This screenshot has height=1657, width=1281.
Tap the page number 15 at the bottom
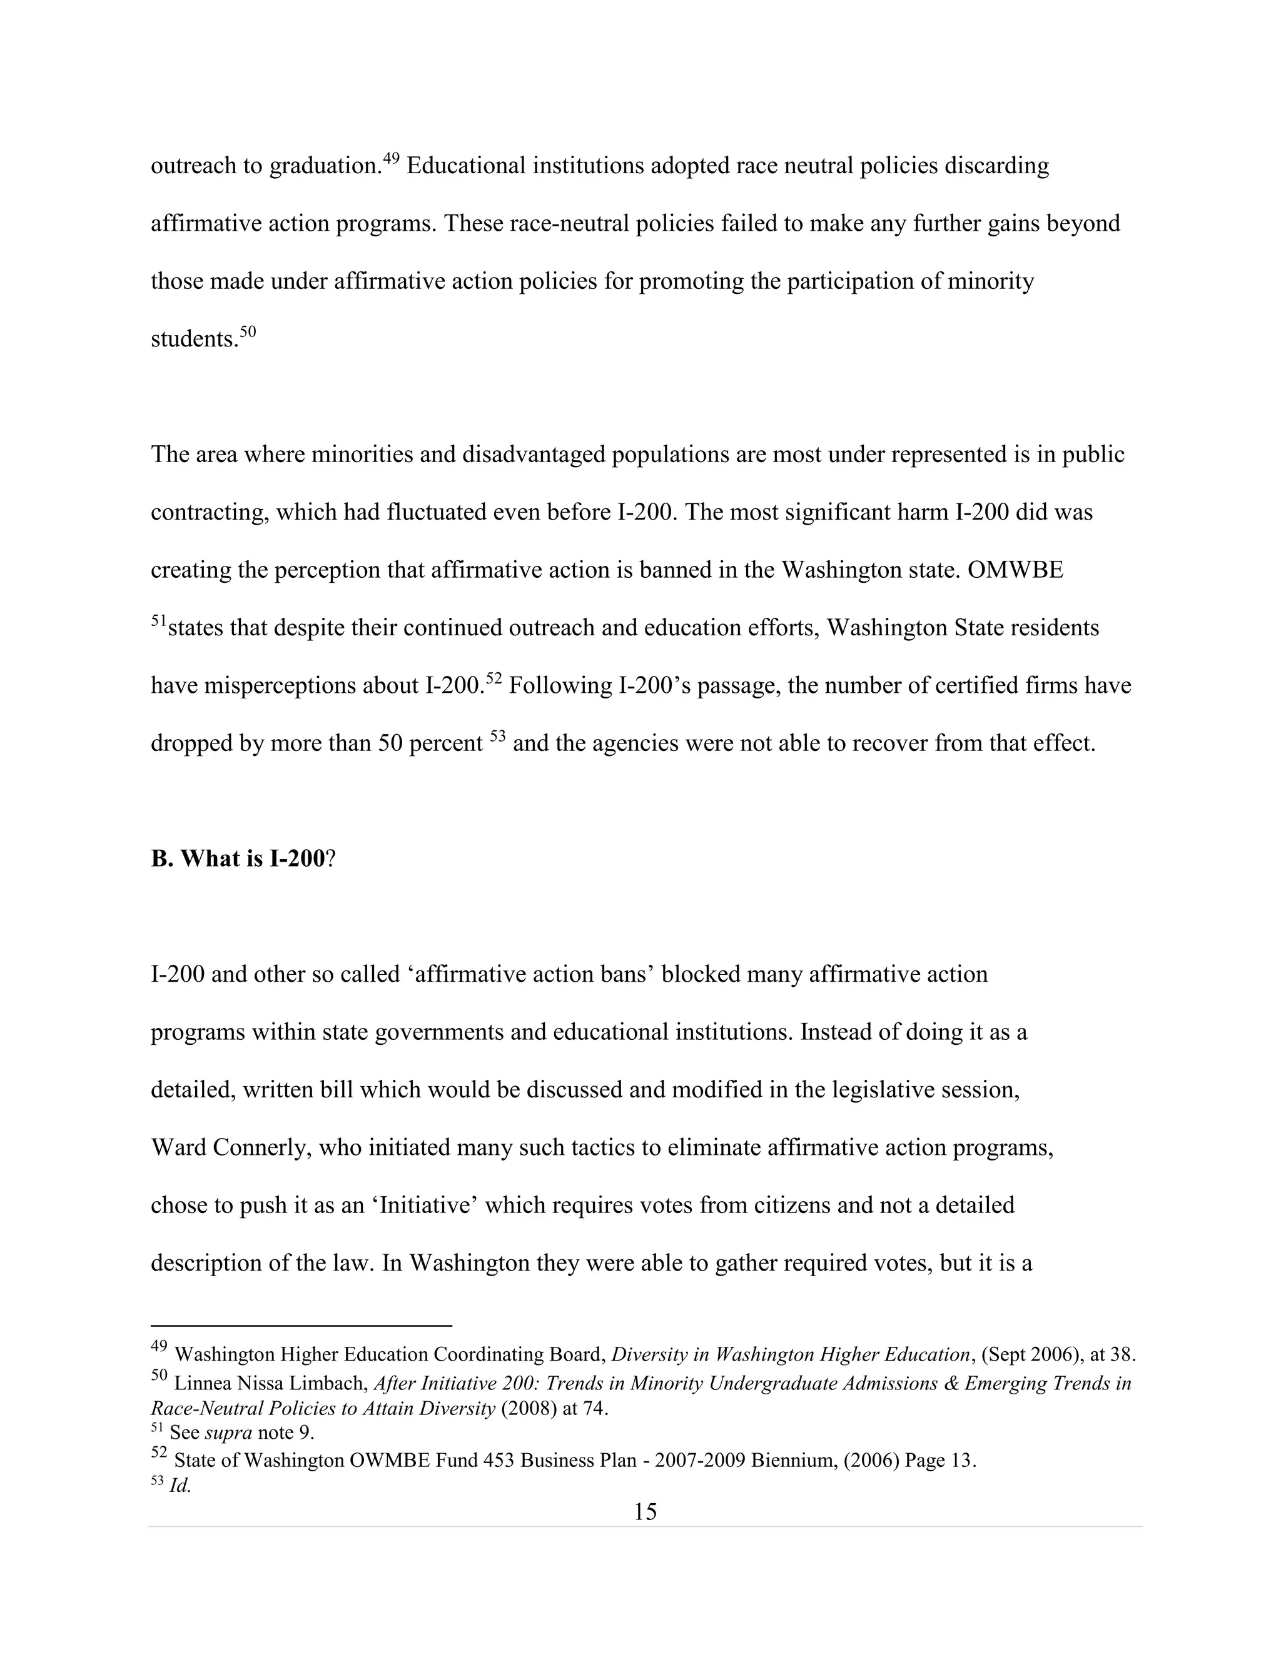click(645, 1512)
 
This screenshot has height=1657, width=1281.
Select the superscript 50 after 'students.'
click(248, 331)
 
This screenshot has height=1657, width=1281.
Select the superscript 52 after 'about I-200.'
click(494, 678)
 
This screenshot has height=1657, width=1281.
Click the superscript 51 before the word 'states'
click(159, 621)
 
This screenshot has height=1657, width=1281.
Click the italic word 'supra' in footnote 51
click(228, 1433)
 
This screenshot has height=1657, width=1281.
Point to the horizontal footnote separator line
click(301, 1326)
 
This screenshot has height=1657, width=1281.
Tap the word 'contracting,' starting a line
click(210, 512)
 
